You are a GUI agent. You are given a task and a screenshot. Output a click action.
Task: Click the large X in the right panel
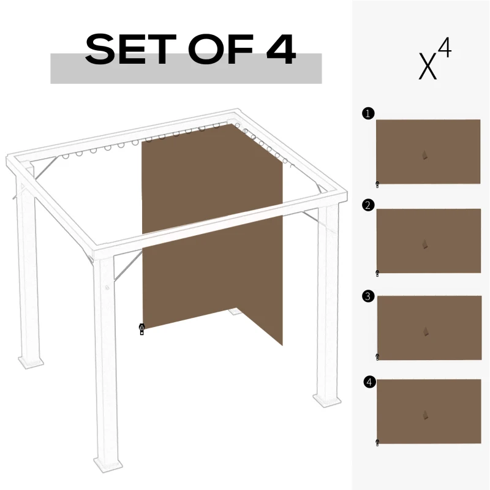428,67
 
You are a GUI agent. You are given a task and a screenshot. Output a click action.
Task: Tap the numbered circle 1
367,113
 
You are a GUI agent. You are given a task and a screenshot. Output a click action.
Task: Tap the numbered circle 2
367,205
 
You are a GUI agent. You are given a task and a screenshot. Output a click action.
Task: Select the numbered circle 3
367,296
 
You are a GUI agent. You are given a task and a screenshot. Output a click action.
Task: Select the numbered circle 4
369,383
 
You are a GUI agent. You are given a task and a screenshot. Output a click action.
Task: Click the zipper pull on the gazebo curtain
141,330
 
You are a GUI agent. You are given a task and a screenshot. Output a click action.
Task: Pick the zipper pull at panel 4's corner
377,442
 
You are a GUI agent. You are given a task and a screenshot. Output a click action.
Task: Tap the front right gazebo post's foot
328,400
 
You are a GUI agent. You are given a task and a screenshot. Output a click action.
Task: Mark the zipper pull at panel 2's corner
377,273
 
